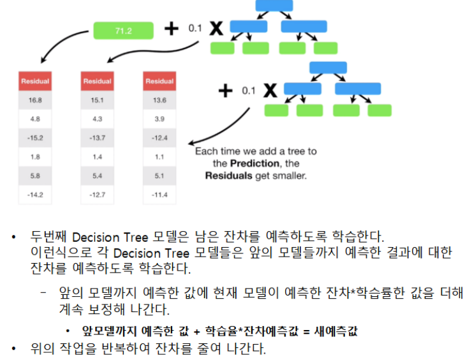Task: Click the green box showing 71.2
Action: click(x=124, y=29)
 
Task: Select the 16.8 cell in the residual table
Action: click(x=35, y=101)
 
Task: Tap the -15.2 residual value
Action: click(x=35, y=138)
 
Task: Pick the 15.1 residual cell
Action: click(x=97, y=101)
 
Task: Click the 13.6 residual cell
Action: click(x=159, y=101)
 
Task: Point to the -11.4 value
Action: click(x=159, y=194)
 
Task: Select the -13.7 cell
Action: click(x=97, y=138)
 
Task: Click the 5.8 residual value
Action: click(x=35, y=176)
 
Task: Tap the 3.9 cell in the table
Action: click(x=159, y=119)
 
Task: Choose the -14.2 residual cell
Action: click(x=35, y=194)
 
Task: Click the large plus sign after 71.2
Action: click(x=171, y=29)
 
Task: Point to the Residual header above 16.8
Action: click(x=35, y=81)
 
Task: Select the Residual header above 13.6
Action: click(x=159, y=81)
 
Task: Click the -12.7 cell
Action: click(x=97, y=194)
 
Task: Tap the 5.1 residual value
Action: click(x=159, y=176)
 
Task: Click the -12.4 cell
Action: click(x=159, y=138)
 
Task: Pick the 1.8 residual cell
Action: click(x=35, y=156)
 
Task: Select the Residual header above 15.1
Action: click(x=97, y=81)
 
